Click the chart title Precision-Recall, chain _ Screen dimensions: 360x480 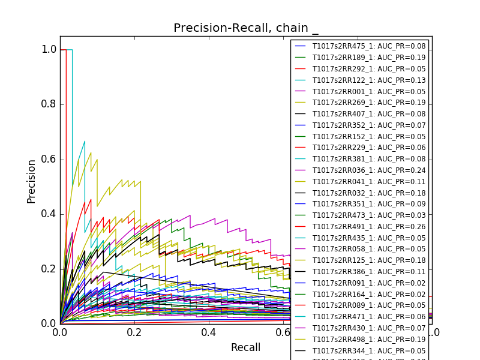click(246, 28)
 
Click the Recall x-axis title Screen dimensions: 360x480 click(245, 347)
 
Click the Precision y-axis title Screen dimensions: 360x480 click(32, 181)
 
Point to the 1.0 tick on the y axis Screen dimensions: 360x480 click(49, 50)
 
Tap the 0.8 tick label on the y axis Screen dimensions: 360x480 click(49, 104)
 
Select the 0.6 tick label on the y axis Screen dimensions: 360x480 click(49, 159)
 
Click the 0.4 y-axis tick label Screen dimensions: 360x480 click(49, 214)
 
